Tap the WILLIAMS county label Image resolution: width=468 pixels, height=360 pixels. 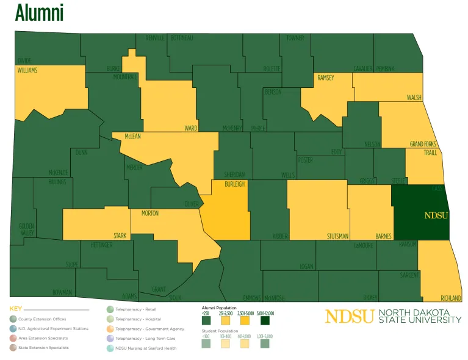point(27,71)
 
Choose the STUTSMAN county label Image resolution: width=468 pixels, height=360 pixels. point(337,236)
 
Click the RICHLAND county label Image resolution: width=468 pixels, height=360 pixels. point(451,298)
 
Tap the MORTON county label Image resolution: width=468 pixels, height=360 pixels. point(150,214)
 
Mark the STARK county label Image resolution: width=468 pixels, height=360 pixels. point(120,235)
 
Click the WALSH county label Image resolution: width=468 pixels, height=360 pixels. point(414,98)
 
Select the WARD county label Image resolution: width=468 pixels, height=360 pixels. point(190,129)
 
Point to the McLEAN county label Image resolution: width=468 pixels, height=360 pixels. point(133,136)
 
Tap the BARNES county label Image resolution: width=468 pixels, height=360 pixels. point(384,236)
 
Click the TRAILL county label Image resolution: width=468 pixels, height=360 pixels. point(431,153)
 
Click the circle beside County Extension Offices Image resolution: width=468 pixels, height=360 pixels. point(13,319)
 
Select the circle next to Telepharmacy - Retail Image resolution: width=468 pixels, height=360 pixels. point(110,309)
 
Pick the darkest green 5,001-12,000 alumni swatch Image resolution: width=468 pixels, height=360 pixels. point(264,320)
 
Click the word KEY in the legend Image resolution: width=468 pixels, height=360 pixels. point(16,309)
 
